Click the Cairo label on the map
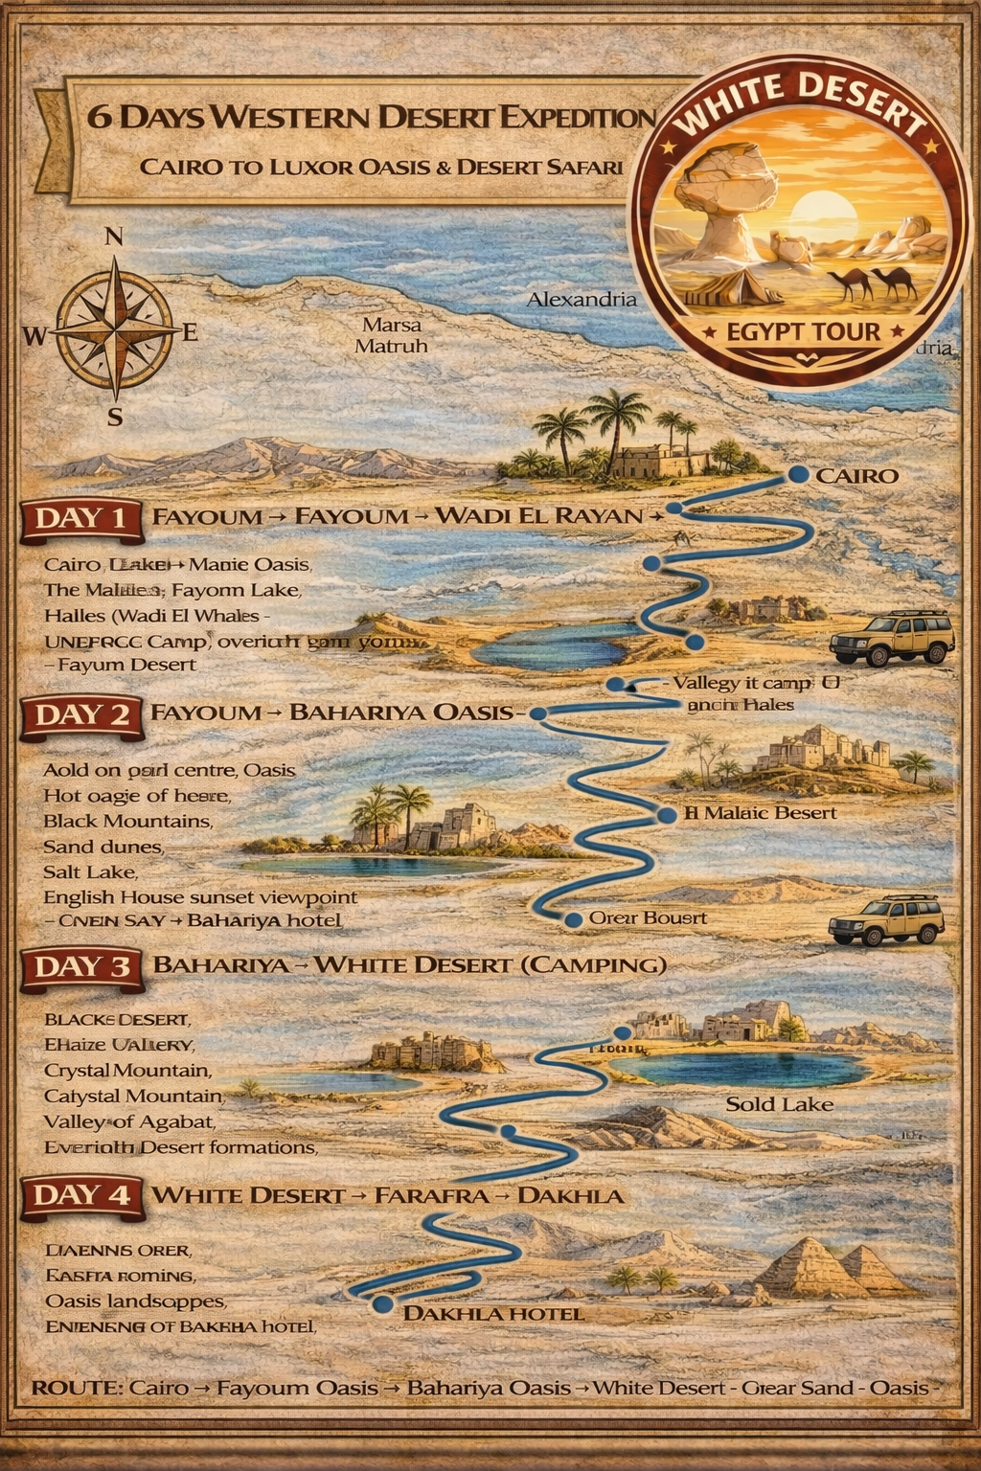pos(856,476)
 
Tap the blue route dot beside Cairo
pos(795,475)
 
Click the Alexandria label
pos(582,300)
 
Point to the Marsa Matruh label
pos(391,335)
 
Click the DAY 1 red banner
pos(80,518)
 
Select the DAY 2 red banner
pos(80,714)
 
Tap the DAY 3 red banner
pos(80,965)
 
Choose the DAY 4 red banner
pos(80,1195)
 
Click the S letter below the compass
pos(115,418)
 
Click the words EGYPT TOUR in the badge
pos(803,332)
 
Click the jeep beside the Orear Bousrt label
pos(887,921)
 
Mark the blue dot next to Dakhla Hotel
pos(383,1303)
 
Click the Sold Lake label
pos(779,1104)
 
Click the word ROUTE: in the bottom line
pos(75,1388)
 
